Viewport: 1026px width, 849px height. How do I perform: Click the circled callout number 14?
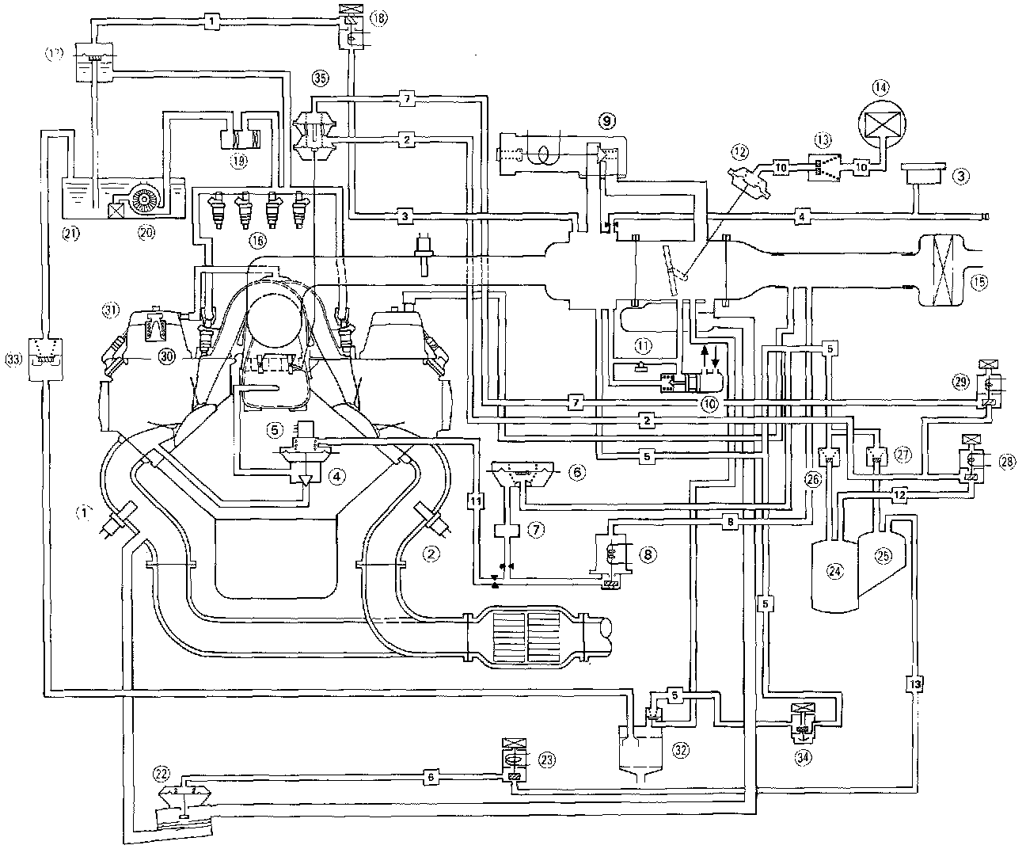tap(880, 85)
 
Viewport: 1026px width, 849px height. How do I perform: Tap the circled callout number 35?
tap(319, 78)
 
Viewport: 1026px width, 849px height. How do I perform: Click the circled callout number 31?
tap(109, 310)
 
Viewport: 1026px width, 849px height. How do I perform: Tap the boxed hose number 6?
tap(431, 777)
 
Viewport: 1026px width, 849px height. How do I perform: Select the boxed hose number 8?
tap(731, 520)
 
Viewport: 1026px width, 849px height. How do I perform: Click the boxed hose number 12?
tap(899, 493)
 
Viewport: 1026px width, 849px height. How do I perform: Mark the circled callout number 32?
tap(680, 748)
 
